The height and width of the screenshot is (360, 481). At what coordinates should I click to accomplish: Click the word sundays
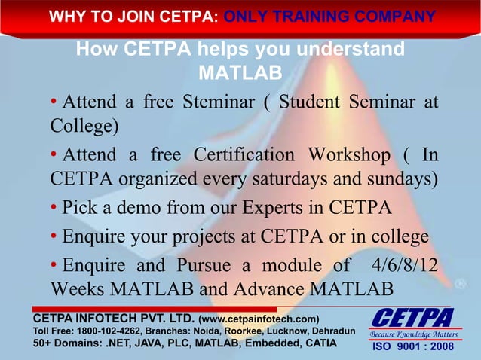[397, 181]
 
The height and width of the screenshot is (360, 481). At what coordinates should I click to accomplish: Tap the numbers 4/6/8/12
[406, 265]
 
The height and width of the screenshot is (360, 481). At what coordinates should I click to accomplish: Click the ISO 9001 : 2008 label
[412, 348]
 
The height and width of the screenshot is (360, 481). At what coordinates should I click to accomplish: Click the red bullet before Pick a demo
[54, 208]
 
